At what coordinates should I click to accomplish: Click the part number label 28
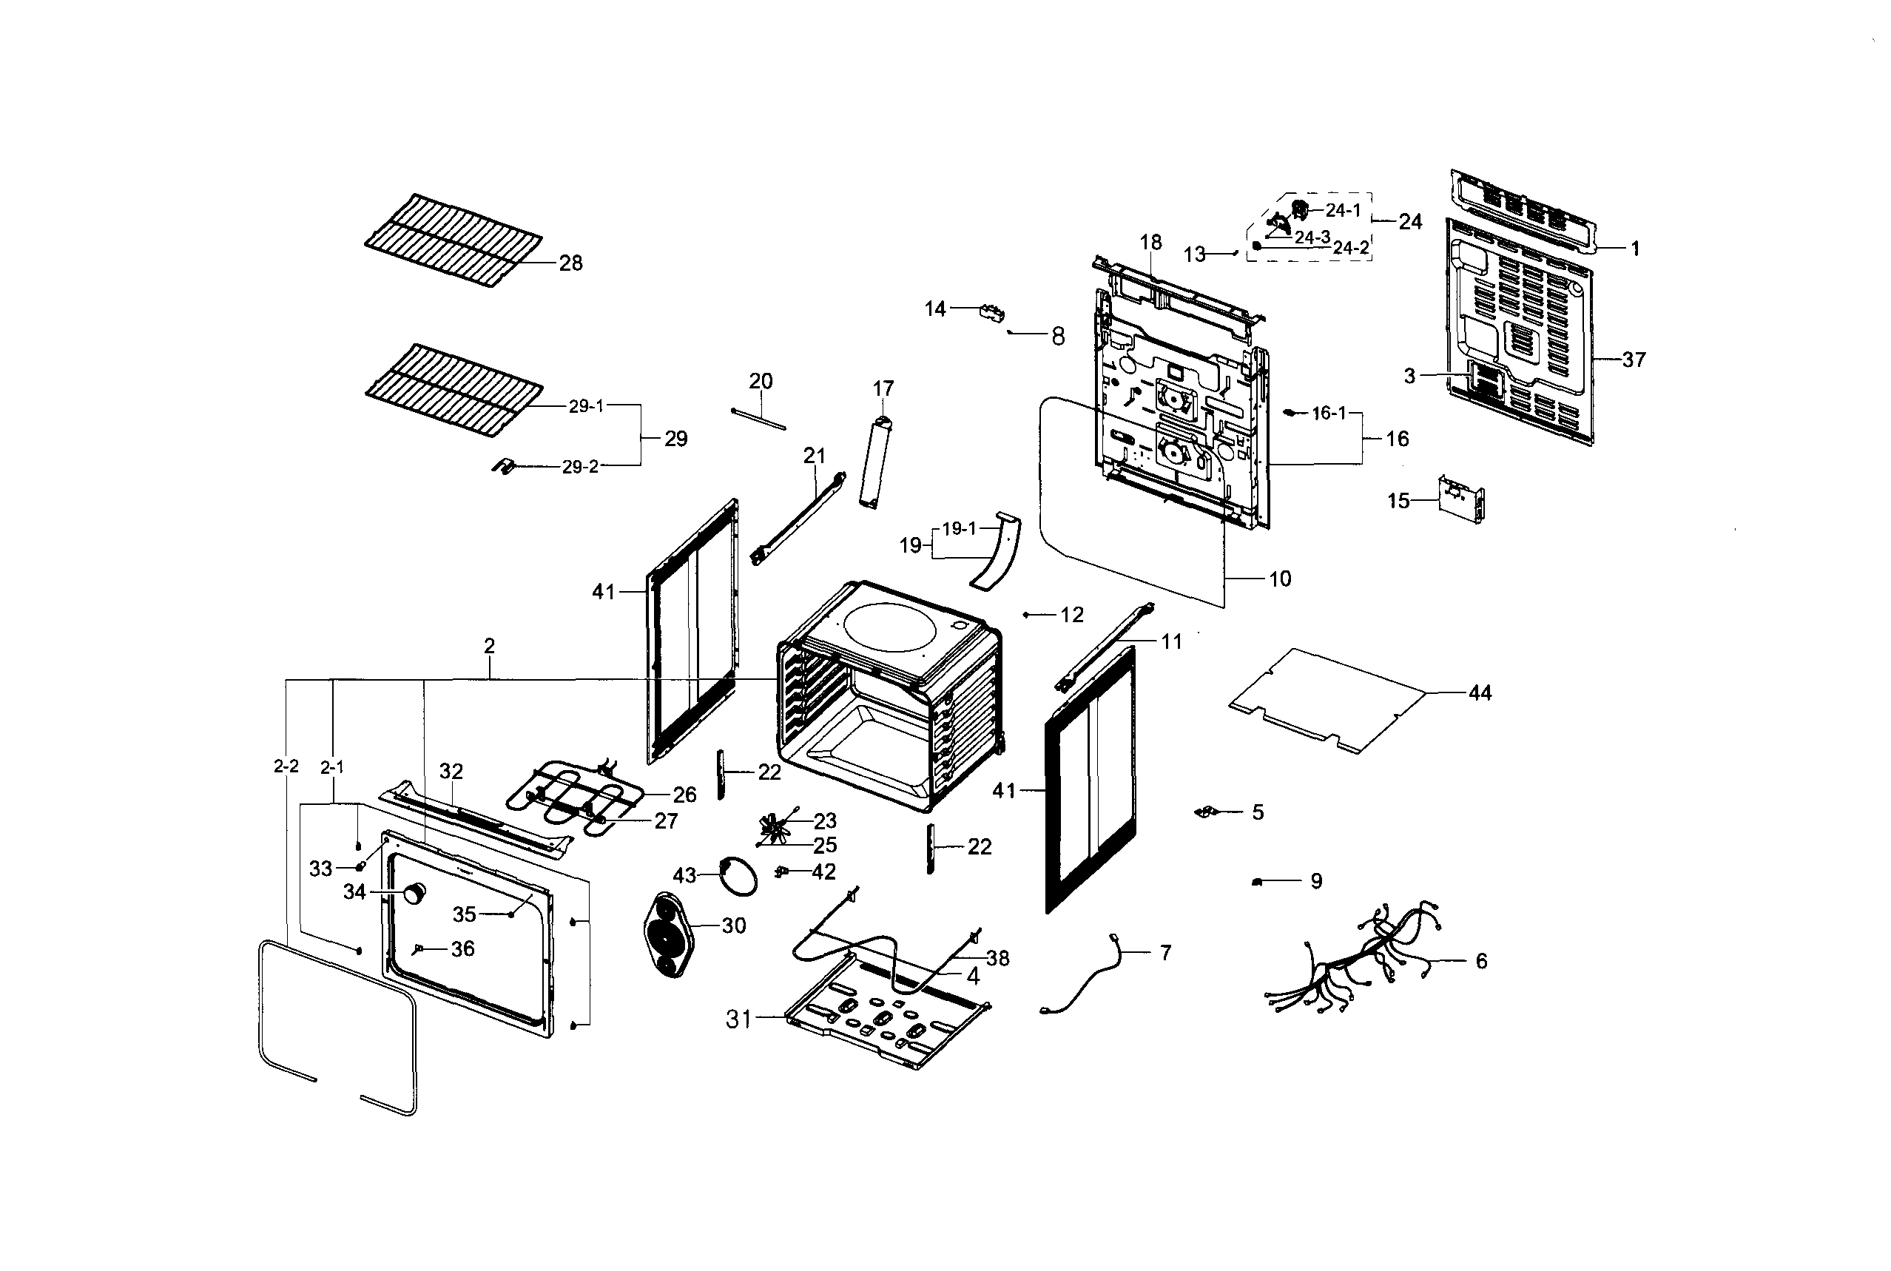570,263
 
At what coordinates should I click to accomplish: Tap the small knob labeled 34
415,892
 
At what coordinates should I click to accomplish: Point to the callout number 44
1480,693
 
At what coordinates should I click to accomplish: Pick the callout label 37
1634,359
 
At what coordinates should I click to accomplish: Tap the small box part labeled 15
1460,499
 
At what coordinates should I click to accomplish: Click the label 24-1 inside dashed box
1343,210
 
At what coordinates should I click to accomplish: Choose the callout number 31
738,1019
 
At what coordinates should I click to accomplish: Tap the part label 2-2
286,766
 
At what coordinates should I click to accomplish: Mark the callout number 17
883,388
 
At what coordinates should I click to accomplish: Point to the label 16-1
1329,414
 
